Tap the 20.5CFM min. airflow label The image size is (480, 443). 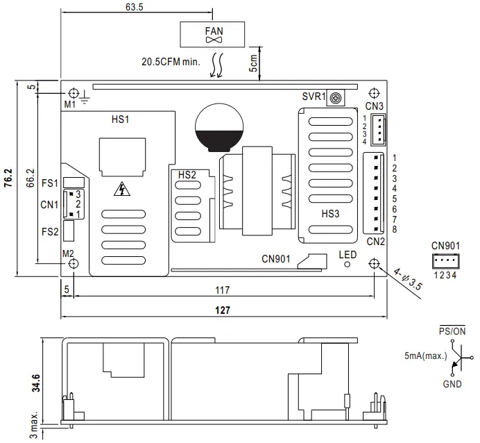click(x=169, y=61)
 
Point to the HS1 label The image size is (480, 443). click(x=121, y=119)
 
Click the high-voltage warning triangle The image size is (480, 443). click(x=122, y=188)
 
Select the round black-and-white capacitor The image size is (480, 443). click(x=219, y=128)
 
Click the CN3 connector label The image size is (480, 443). click(x=375, y=106)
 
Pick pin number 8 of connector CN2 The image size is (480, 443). click(x=393, y=229)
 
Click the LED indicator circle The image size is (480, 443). click(x=348, y=264)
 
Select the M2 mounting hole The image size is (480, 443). click(x=74, y=264)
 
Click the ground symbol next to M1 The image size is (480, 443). click(x=85, y=97)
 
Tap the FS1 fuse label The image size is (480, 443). click(x=49, y=183)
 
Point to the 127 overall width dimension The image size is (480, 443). click(x=222, y=310)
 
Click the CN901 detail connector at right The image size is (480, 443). click(x=445, y=262)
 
